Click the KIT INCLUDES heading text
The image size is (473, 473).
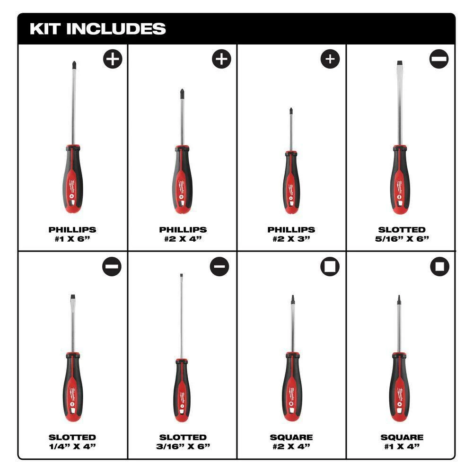(x=98, y=28)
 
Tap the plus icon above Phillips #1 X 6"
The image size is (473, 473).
(x=112, y=59)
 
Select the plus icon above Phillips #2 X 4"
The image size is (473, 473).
(x=221, y=59)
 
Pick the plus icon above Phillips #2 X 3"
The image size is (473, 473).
(x=330, y=59)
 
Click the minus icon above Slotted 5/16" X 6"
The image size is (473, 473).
(x=439, y=59)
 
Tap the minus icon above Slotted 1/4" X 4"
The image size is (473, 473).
(x=112, y=267)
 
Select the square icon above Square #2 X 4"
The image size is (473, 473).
(x=330, y=267)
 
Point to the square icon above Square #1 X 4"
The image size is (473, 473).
(x=439, y=267)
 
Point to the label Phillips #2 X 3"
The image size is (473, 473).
(x=291, y=234)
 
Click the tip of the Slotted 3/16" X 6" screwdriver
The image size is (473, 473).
(x=181, y=276)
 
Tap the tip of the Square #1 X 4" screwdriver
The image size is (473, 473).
(x=399, y=298)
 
